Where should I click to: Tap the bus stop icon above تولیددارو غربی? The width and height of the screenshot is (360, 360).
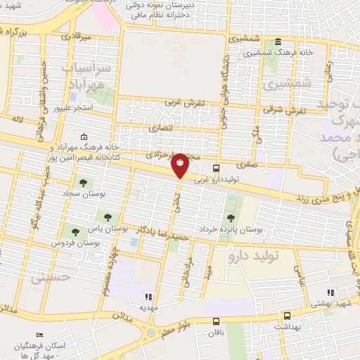tap(217, 169)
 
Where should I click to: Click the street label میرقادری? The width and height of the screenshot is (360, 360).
tap(77, 35)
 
